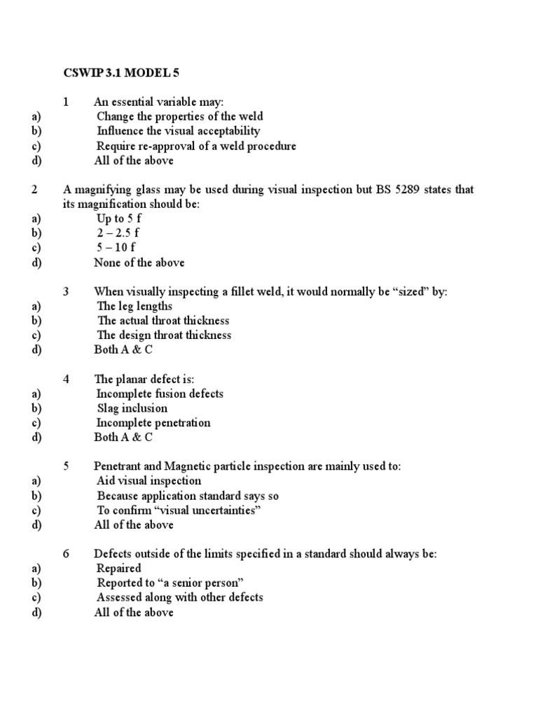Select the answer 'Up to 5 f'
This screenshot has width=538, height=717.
coord(119,218)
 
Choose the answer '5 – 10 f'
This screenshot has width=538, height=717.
coord(116,248)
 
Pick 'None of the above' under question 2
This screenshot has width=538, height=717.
coord(139,263)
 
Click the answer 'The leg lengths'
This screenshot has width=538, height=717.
coord(134,306)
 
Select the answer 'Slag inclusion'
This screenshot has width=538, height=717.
coord(132,408)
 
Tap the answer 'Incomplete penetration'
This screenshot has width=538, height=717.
coord(153,423)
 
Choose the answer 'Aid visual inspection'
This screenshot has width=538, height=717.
coord(149,481)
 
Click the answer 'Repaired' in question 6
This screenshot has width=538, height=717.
coord(118,569)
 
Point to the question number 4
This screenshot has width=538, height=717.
coord(66,379)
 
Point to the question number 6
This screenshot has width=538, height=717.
coord(66,554)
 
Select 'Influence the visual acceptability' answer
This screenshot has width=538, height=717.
coord(178,131)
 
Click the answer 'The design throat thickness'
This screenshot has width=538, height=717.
coord(164,335)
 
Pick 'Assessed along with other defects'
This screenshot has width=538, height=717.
coord(179,597)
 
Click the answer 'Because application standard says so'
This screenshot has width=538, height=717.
coord(188,496)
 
